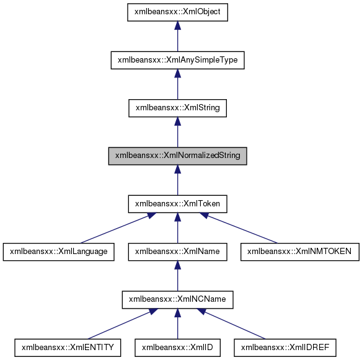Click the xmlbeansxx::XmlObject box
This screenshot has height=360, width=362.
(177, 12)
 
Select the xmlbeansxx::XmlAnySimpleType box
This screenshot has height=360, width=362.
(177, 60)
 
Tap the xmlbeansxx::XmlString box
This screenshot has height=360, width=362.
(177, 108)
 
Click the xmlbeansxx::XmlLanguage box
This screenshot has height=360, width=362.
(59, 252)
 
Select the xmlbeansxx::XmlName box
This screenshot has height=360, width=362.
(177, 252)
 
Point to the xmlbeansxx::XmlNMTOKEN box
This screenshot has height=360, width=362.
(299, 252)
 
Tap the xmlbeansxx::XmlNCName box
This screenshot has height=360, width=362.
(177, 300)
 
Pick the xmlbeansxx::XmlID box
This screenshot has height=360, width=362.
(177, 348)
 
